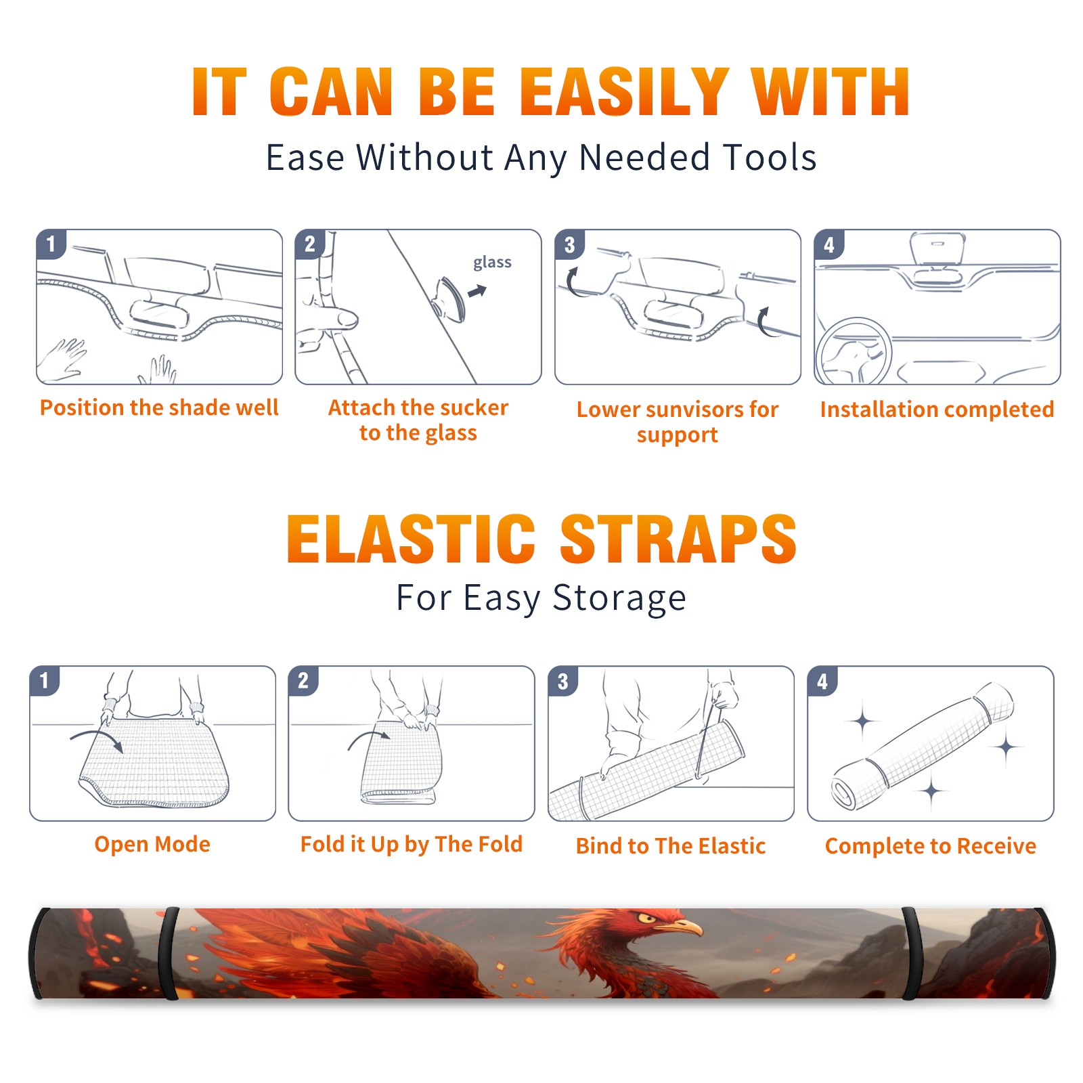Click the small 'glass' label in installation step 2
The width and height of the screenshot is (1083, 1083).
[x=492, y=263]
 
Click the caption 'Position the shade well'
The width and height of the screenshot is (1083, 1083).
[x=159, y=407]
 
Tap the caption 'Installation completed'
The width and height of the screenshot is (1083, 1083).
[x=937, y=410]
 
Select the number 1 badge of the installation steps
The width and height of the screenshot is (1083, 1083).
[x=51, y=244]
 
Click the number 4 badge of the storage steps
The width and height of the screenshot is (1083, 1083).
[x=822, y=681]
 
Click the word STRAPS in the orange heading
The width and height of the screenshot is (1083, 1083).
[x=678, y=539]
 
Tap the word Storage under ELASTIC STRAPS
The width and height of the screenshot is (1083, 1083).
[x=619, y=598]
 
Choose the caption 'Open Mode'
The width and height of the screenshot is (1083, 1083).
[x=152, y=844]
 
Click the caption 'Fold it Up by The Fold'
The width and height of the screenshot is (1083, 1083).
[x=412, y=844]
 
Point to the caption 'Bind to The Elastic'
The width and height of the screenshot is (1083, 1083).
[x=671, y=846]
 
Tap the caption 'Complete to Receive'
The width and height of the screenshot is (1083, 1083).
[x=931, y=846]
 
